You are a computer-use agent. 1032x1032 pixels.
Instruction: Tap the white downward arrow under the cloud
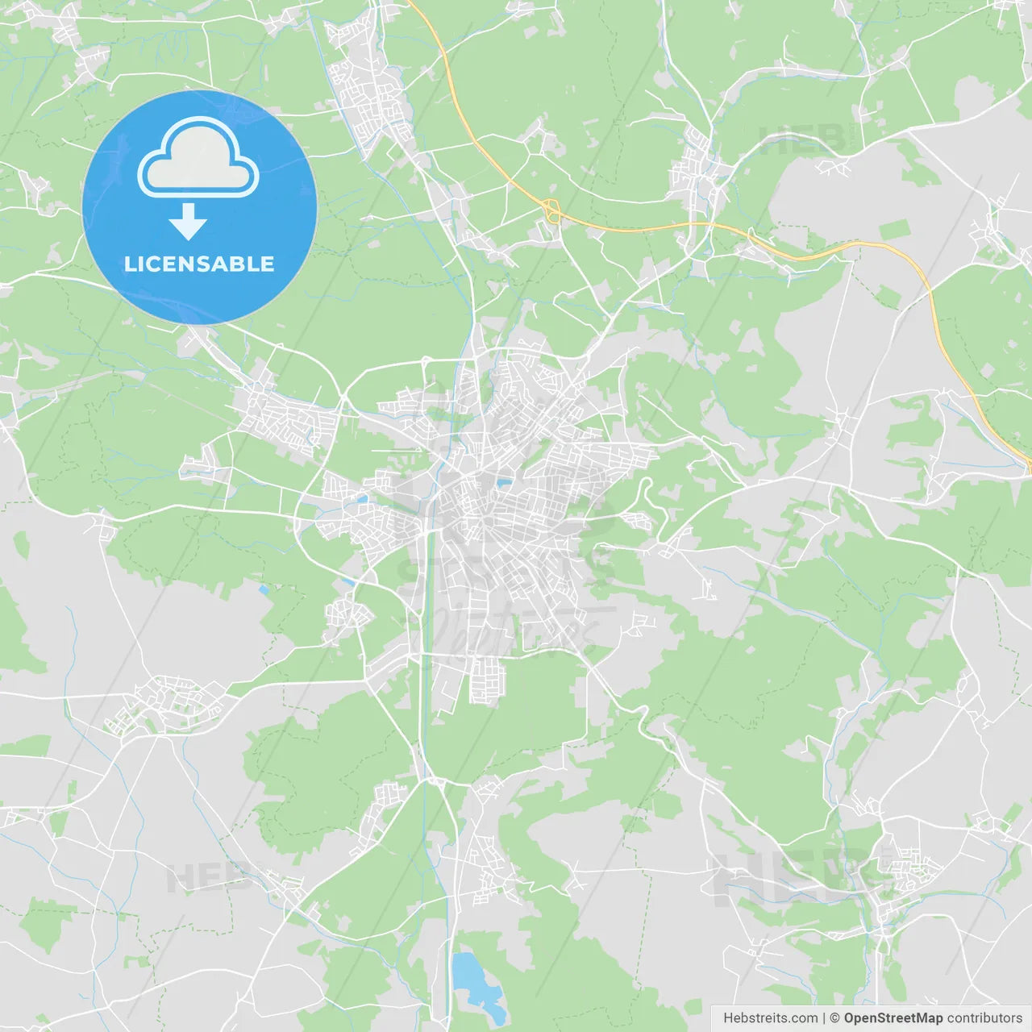(x=189, y=222)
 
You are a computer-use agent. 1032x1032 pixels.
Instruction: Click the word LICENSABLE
(x=199, y=264)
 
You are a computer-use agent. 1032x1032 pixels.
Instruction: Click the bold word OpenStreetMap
(x=893, y=1018)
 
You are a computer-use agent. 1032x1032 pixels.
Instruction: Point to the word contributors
(x=984, y=1018)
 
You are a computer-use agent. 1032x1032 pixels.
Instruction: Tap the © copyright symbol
(x=835, y=1018)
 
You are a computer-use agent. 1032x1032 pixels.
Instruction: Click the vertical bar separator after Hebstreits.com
(x=824, y=1018)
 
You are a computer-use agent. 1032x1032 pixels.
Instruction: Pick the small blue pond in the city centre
(x=503, y=483)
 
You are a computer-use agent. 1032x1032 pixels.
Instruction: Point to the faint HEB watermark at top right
(x=802, y=139)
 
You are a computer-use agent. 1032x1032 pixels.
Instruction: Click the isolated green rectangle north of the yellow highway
(x=893, y=230)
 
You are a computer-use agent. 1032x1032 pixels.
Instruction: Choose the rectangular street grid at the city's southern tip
(x=487, y=681)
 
